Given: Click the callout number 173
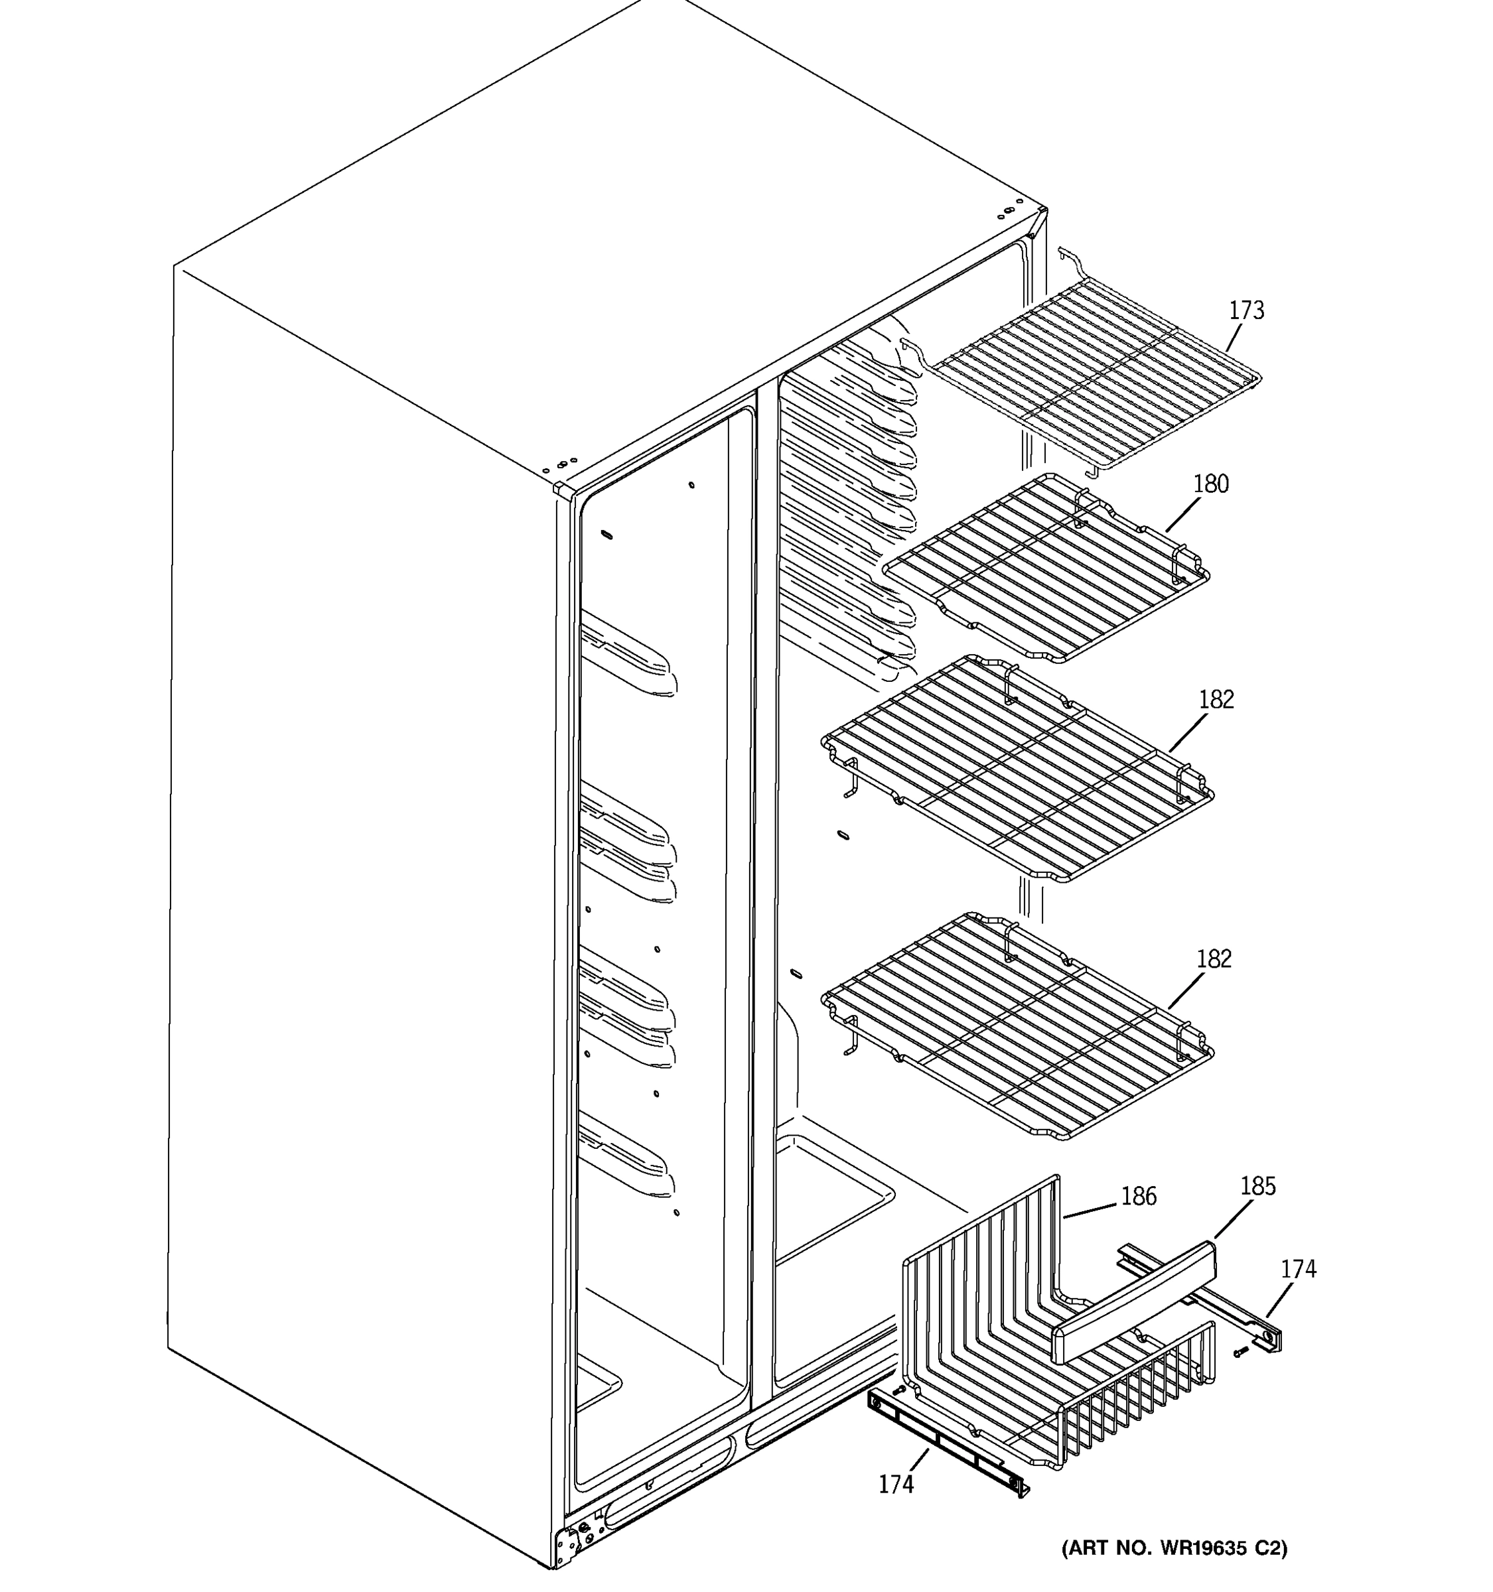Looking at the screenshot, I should [x=1246, y=310].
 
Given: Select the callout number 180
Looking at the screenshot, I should [x=1210, y=484].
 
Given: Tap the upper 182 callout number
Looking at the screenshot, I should [x=1216, y=700].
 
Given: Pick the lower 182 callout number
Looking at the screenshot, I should [x=1214, y=959].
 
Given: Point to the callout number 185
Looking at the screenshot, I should [x=1257, y=1186].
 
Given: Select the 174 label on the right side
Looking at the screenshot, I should [x=1297, y=1269].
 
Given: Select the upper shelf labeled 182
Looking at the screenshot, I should [x=1017, y=769].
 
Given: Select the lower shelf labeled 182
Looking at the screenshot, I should [x=1017, y=1027].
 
